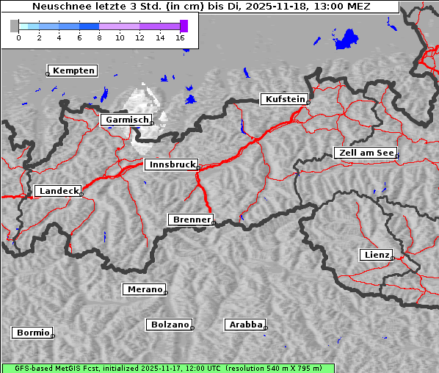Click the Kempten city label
click(x=74, y=70)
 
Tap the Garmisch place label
click(x=128, y=120)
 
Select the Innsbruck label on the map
click(x=172, y=165)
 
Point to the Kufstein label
click(x=285, y=99)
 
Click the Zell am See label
click(x=366, y=153)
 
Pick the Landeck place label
click(x=59, y=191)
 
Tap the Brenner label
click(x=192, y=220)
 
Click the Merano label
click(x=145, y=289)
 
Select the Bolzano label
click(x=170, y=325)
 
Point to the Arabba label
click(x=246, y=325)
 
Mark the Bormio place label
click(x=33, y=333)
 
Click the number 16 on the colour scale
click(x=180, y=37)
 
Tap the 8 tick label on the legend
click(x=99, y=37)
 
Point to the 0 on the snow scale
click(x=18, y=37)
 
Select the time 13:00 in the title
click(x=333, y=7)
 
